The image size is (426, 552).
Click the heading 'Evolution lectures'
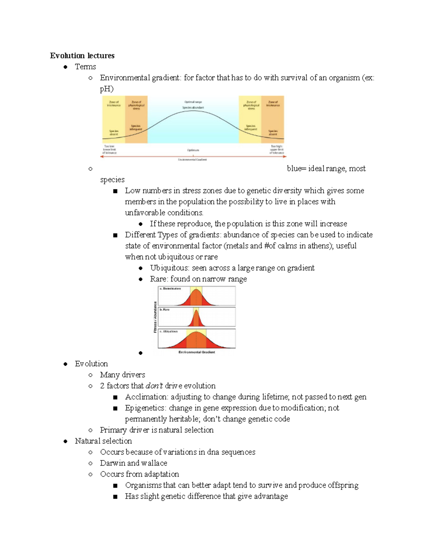82,55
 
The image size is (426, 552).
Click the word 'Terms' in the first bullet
85,66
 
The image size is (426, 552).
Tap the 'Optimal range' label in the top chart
193,102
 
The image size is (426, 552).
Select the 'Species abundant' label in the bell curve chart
193,107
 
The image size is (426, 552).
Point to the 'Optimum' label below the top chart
193,150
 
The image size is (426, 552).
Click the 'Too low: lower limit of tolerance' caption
109,149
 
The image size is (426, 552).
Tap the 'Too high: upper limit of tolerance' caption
277,149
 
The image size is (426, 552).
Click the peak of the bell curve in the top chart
193,111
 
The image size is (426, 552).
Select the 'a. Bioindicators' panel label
170,289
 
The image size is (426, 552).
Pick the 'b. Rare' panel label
165,310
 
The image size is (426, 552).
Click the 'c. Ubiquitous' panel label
169,331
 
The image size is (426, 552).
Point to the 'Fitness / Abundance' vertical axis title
155,317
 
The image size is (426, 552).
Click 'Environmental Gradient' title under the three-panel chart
197,352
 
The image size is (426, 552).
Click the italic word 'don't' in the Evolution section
154,386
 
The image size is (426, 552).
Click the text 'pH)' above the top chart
106,89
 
